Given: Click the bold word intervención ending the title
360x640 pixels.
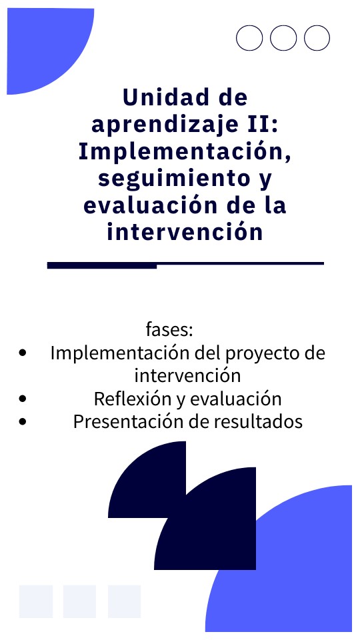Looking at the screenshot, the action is [x=185, y=231].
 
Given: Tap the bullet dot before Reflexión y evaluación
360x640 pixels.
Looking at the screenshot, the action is [x=23, y=399].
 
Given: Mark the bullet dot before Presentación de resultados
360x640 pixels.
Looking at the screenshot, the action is [x=23, y=421].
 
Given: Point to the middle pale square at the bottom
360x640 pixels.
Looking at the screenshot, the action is [x=79, y=601].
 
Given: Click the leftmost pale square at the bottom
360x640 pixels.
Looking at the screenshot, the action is [x=36, y=601].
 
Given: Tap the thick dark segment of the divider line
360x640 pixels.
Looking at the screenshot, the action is [x=102, y=265].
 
